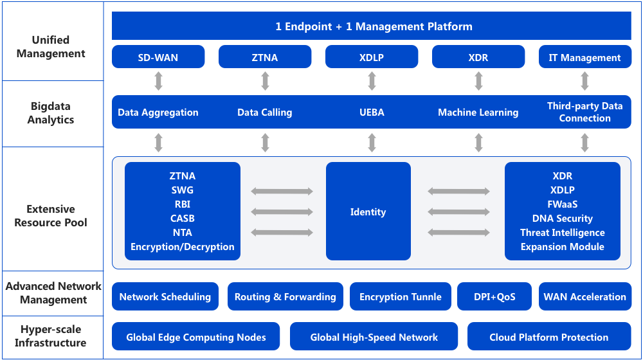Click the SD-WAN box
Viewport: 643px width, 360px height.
[158, 57]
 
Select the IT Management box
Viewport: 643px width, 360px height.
[584, 57]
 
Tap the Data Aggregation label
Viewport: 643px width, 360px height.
[158, 113]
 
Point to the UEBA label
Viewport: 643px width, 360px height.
[372, 113]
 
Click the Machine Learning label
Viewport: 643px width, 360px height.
[478, 113]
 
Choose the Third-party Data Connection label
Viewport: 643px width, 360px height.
[584, 112]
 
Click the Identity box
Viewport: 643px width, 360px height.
[368, 211]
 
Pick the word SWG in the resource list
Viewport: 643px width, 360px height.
[183, 190]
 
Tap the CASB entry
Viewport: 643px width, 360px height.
[183, 218]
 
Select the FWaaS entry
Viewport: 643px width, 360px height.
[562, 204]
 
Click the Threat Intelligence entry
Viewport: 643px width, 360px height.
[562, 233]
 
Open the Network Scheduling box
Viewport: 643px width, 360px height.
[165, 296]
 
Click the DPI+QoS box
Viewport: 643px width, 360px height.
[494, 296]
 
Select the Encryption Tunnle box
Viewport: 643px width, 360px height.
[400, 296]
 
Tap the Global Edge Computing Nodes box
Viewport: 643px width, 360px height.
[195, 336]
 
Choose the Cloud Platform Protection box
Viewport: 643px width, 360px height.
[549, 336]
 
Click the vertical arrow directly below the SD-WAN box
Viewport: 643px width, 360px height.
[158, 81]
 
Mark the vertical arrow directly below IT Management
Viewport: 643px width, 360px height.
[584, 81]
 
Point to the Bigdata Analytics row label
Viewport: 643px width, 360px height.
[51, 113]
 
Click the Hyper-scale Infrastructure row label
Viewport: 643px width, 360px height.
[51, 336]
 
